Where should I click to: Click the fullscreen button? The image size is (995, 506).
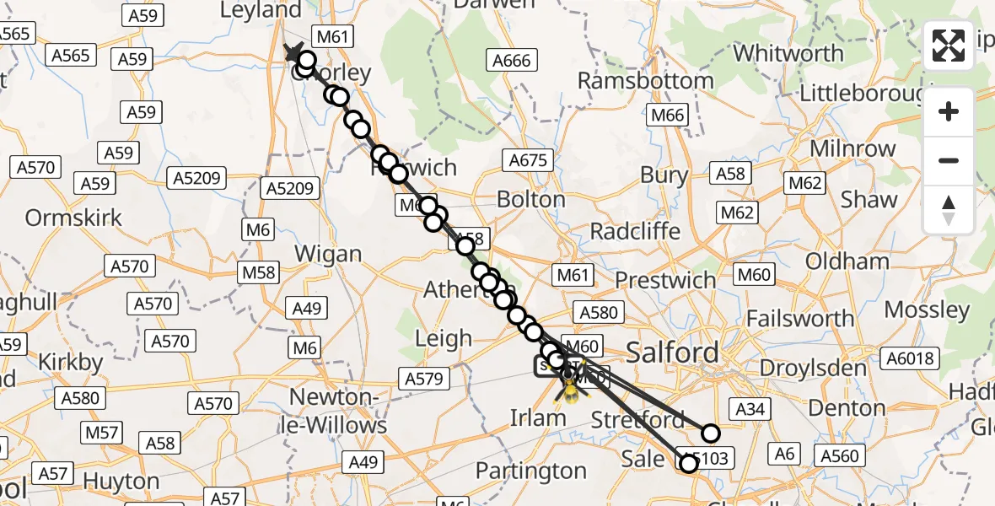tap(949, 46)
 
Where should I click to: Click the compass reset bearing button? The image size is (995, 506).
tap(949, 209)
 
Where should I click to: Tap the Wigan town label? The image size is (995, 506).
tap(329, 254)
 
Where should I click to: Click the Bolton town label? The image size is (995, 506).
tap(530, 200)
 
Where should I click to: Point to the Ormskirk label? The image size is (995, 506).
tap(73, 218)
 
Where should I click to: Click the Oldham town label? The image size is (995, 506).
tap(847, 261)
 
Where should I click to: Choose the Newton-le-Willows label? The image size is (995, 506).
tap(338, 410)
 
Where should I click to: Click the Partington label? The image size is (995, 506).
tap(530, 470)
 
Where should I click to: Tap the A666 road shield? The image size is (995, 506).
tap(512, 60)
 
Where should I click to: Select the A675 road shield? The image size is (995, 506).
tap(529, 160)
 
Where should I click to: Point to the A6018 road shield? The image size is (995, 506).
tap(912, 359)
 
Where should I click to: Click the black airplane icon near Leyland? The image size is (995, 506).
tap(293, 52)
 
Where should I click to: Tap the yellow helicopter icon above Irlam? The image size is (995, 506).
tap(571, 390)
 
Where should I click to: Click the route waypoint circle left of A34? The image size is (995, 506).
tap(711, 433)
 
